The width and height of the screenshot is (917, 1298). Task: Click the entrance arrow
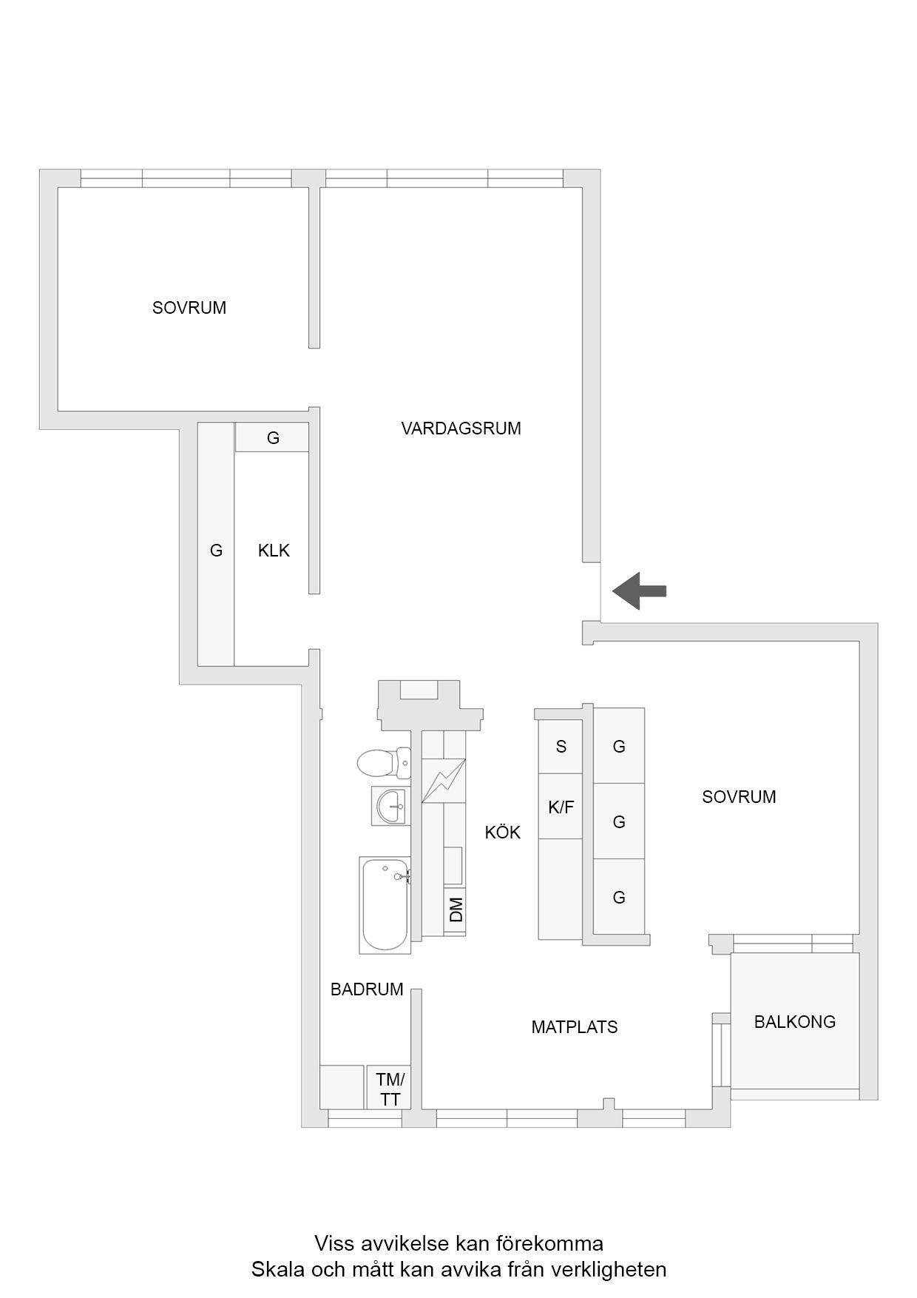coord(640,591)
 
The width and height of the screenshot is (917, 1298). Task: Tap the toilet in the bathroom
coord(384,763)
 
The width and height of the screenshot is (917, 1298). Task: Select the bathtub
coord(385,904)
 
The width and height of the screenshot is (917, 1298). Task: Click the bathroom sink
coord(390,805)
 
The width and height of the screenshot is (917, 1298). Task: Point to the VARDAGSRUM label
coord(461,428)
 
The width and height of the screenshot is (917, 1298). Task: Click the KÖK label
coord(503,833)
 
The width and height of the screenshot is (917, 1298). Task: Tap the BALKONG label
coord(795,1022)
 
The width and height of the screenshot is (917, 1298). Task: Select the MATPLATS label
coord(575,1027)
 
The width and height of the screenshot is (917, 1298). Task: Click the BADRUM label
coord(367,989)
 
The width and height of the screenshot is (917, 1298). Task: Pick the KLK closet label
coord(274,551)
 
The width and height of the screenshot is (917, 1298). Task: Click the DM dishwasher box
coord(456,909)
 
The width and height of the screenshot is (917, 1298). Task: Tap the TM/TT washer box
coord(390,1087)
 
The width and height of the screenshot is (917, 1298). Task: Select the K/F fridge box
coord(561,807)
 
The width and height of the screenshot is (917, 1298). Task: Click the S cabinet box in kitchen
coord(561,746)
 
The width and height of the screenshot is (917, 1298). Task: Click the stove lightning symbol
coord(444,781)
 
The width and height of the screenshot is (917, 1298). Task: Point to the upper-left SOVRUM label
coord(189,308)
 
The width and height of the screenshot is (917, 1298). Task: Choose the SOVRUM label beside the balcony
coord(739,797)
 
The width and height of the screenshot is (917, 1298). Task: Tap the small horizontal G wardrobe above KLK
coord(272,437)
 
